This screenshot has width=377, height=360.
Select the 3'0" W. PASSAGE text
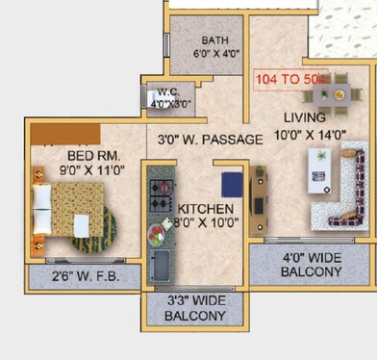[x=210, y=140]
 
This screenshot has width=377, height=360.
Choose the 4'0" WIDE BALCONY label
[x=311, y=265]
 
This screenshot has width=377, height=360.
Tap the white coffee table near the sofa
[x=316, y=172]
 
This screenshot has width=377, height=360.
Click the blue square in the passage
[x=231, y=184]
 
